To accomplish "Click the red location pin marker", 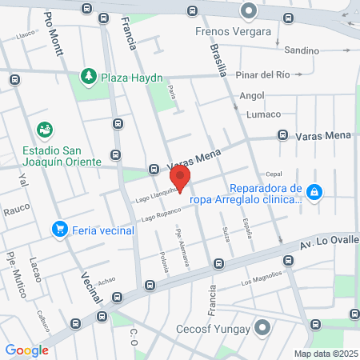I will (x=182, y=179).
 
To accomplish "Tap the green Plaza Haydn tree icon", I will (x=88, y=77).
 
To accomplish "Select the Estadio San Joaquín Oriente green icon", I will (x=45, y=129).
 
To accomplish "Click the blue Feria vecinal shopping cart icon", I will (x=58, y=230).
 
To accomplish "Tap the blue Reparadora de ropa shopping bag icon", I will (x=316, y=192).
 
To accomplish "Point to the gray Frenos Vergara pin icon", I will (x=250, y=11).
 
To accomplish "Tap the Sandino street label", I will (x=301, y=50).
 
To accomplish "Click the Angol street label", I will (x=251, y=95).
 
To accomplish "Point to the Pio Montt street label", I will (x=54, y=33).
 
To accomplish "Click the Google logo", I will (x=27, y=350).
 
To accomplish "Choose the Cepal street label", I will (x=274, y=174).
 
